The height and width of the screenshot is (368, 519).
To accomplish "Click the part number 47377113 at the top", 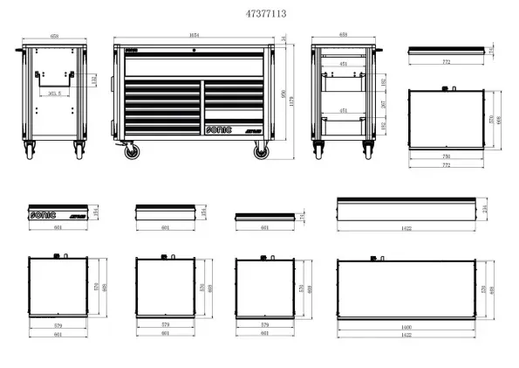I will [x=259, y=14].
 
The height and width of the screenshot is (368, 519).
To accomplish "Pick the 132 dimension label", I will [x=95, y=80].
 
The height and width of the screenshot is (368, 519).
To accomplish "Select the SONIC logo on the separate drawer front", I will [x=43, y=212].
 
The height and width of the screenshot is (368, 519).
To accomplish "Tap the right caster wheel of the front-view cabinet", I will [x=261, y=153].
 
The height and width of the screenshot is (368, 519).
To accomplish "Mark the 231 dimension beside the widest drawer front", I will [x=485, y=210].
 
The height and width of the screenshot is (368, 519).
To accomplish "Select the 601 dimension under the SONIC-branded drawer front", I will [x=58, y=228].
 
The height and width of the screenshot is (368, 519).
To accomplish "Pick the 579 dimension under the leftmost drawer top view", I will [x=58, y=326].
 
